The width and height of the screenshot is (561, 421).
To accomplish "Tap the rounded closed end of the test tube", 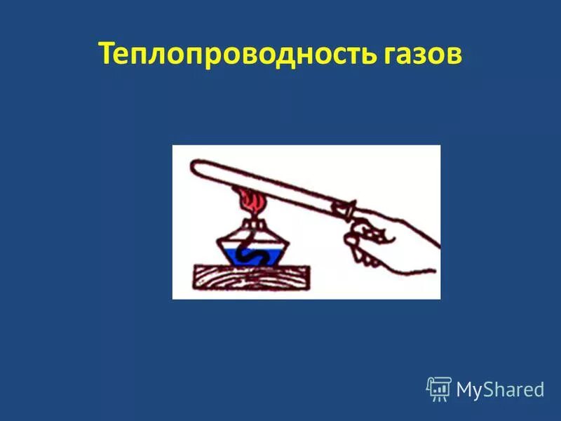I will pos(196,169).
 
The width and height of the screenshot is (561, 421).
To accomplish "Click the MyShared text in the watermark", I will pos(500,389).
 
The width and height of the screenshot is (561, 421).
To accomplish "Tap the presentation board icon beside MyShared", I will pos(438,389).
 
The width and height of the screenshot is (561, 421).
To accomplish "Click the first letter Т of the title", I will pos(106,54).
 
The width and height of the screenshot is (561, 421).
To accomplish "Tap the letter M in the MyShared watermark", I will pos(466,389).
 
